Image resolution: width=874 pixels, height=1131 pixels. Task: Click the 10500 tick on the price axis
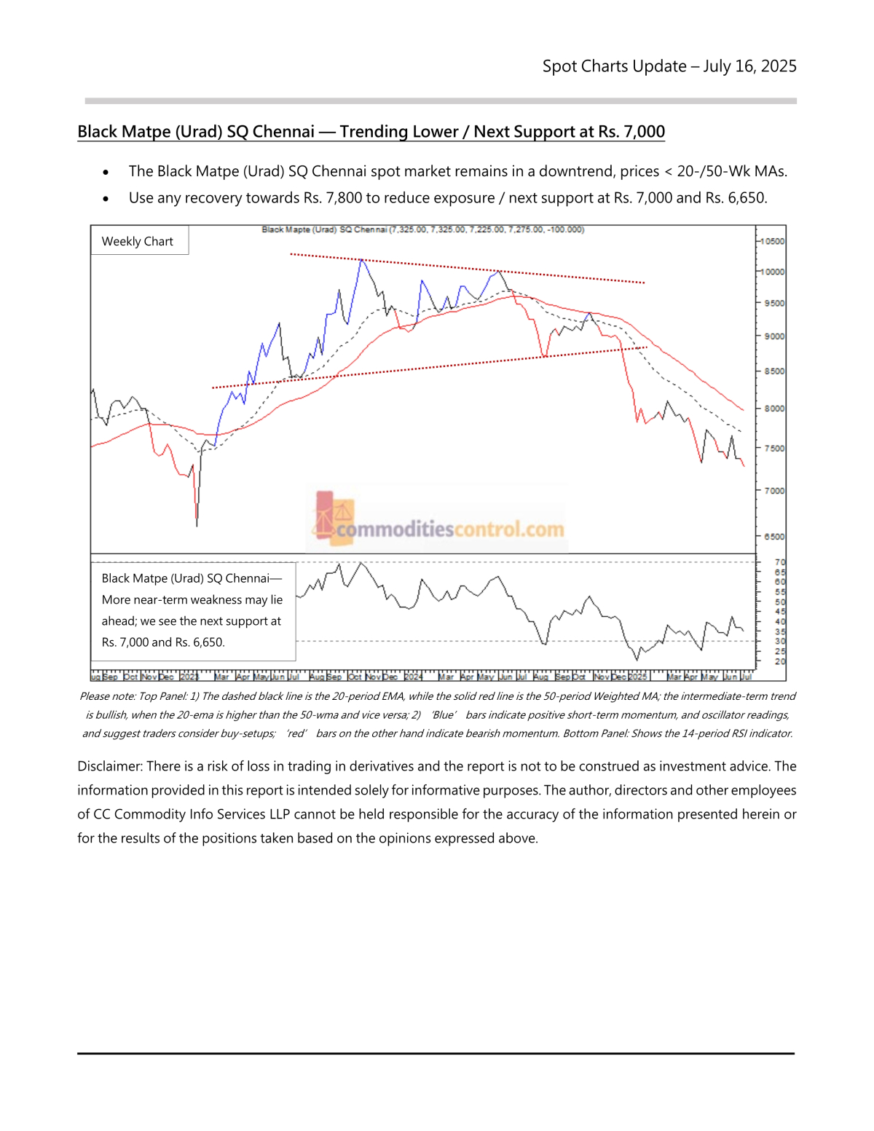point(773,241)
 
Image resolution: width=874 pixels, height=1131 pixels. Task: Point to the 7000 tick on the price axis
point(773,491)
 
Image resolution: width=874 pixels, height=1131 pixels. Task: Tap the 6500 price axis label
point(773,537)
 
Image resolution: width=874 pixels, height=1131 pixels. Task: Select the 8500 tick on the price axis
point(773,371)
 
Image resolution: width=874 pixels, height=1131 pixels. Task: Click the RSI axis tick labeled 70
point(780,562)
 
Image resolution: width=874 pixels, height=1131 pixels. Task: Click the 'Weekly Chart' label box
point(138,241)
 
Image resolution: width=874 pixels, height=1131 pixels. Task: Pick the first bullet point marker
point(106,173)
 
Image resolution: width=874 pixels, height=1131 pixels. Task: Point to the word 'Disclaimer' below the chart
point(109,766)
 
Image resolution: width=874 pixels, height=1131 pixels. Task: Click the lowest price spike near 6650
point(197,523)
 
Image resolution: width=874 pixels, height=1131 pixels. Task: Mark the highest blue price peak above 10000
point(361,260)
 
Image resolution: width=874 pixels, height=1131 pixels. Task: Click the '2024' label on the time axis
point(413,677)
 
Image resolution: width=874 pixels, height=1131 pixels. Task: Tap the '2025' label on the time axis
point(637,677)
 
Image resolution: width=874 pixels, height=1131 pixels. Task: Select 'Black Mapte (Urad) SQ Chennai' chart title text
point(324,229)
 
